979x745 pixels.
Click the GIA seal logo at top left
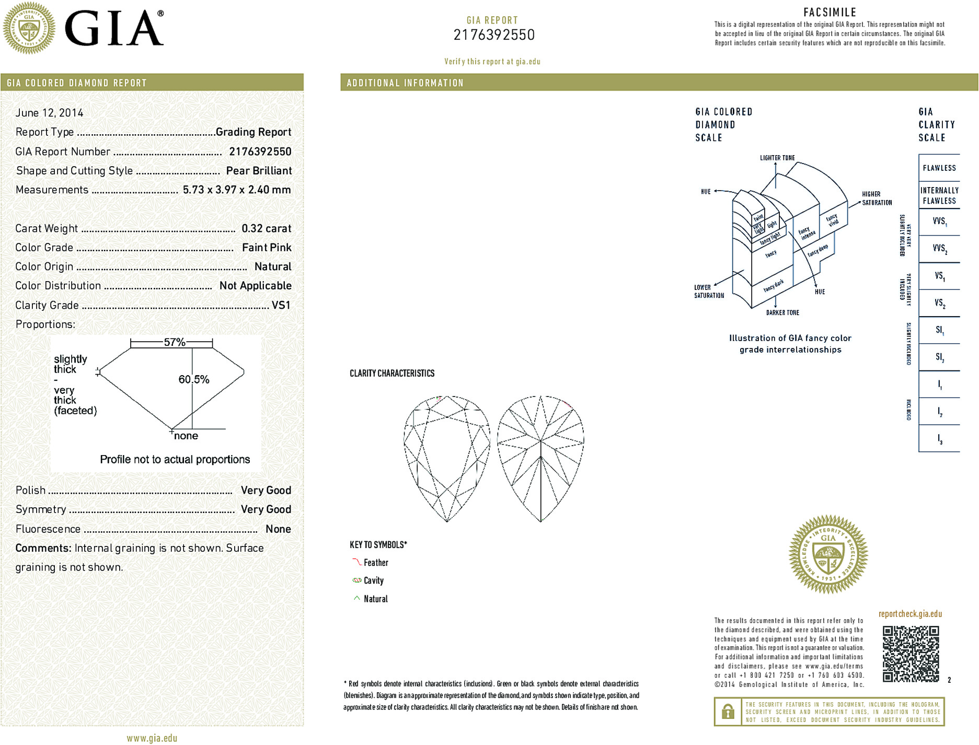[x=29, y=28]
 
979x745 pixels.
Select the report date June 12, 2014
[x=49, y=113]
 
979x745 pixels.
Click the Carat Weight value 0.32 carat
[x=266, y=228]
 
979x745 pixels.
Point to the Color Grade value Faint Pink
[x=267, y=248]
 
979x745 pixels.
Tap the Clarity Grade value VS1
[x=281, y=305]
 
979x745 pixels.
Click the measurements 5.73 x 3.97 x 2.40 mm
[x=237, y=190]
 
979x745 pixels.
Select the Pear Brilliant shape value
[x=259, y=171]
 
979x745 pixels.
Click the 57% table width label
[x=175, y=342]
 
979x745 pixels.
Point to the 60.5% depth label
[x=194, y=379]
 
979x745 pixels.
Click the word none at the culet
[x=186, y=436]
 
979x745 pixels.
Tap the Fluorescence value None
[x=278, y=529]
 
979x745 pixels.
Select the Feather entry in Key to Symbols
[x=376, y=563]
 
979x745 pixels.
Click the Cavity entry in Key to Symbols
[x=373, y=580]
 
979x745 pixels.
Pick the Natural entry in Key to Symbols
[x=375, y=599]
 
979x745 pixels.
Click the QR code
[x=911, y=654]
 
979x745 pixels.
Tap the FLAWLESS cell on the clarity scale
[x=939, y=168]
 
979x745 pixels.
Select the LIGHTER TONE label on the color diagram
[x=777, y=158]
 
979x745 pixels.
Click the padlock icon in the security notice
[x=728, y=712]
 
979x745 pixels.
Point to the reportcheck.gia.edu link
[x=910, y=614]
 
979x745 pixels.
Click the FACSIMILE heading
[x=830, y=12]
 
